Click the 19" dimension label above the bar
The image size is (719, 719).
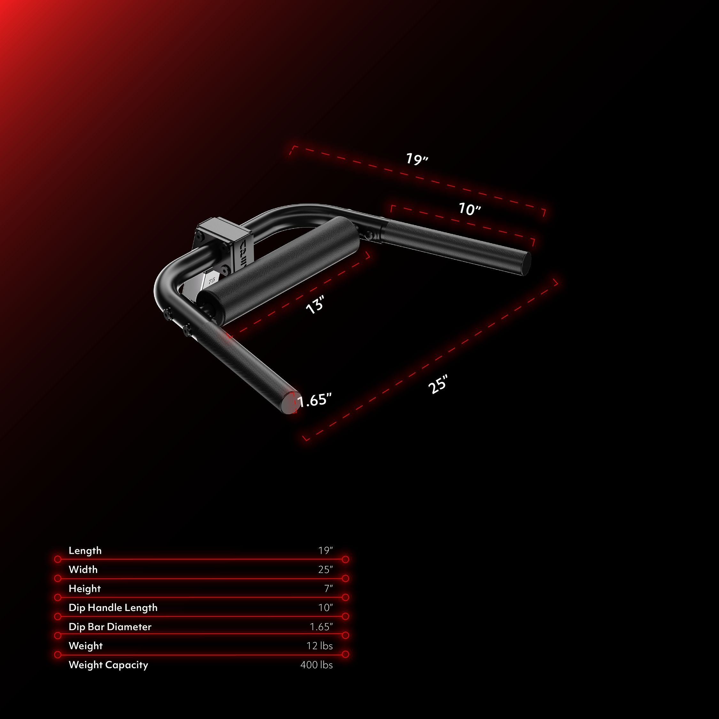click(417, 159)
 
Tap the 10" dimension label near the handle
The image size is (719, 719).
click(470, 209)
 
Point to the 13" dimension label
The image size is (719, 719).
click(315, 305)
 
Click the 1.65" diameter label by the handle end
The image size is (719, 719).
click(314, 400)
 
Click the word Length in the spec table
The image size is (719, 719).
click(85, 551)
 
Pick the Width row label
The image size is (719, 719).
click(83, 570)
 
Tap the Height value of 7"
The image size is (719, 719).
click(328, 589)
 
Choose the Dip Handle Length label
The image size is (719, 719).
click(113, 608)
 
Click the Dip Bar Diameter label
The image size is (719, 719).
click(110, 627)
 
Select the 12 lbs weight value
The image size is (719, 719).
click(320, 646)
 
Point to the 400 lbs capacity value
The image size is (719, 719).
click(317, 665)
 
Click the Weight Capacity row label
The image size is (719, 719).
click(108, 665)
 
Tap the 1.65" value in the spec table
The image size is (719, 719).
click(321, 627)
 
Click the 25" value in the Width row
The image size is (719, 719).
click(326, 570)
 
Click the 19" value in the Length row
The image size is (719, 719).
click(326, 551)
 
